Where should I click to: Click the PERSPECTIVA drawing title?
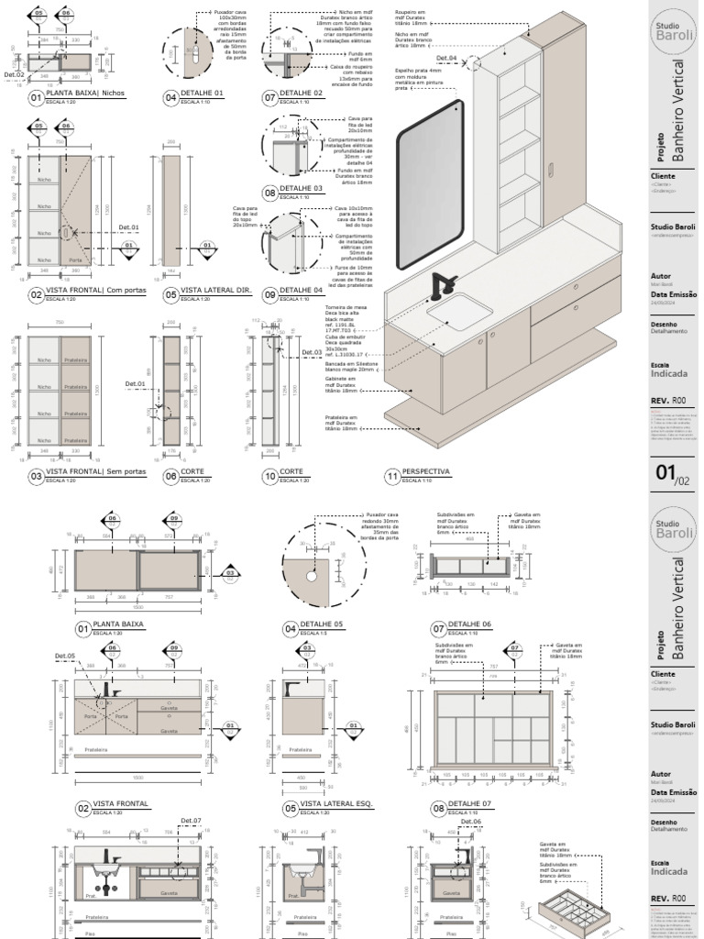pyautogui.click(x=426, y=472)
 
